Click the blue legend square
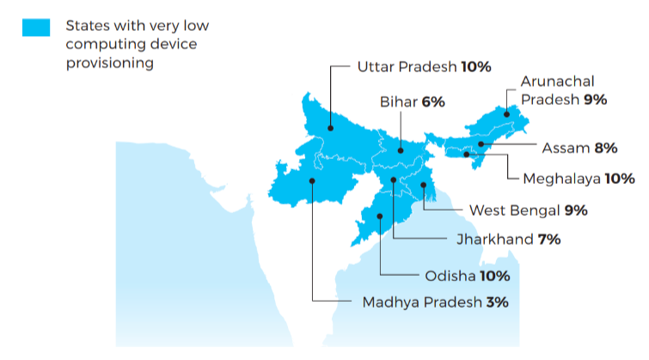click(36, 27)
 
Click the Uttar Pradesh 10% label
click(424, 66)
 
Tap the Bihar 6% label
click(413, 102)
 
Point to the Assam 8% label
click(579, 148)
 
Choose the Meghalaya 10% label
click(579, 179)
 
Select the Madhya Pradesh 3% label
click(436, 302)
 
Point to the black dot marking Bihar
click(400, 150)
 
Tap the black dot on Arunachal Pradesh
click(507, 113)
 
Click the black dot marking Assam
click(481, 144)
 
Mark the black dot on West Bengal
click(425, 185)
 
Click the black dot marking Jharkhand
click(393, 180)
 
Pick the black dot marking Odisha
click(379, 217)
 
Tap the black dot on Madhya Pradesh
click(312, 180)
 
